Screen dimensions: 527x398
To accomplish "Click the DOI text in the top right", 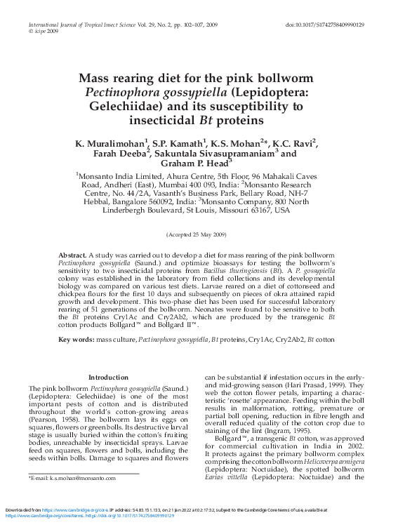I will [x=324, y=25].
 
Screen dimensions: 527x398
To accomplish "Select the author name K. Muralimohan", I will [x=110, y=143].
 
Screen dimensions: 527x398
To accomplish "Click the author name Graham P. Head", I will [x=194, y=164].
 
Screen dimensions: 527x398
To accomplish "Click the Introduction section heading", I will [x=109, y=378].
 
